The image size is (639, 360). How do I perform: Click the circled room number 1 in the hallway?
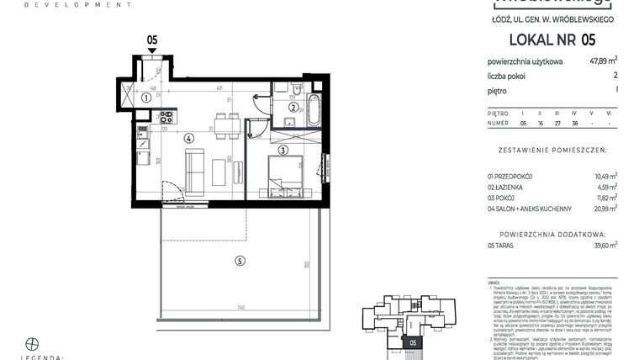[145, 98]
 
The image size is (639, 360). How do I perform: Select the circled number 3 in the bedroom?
[283, 151]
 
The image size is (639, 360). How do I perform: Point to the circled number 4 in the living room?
[189, 138]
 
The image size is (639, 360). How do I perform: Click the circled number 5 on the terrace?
[240, 262]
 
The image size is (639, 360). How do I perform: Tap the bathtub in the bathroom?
[314, 109]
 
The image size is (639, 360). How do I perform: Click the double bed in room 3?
[286, 174]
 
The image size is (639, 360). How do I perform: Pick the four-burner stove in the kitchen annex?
[166, 117]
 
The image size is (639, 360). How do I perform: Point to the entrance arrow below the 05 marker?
[152, 50]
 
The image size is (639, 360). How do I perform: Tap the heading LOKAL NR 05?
[552, 40]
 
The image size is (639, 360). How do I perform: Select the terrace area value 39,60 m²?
[603, 245]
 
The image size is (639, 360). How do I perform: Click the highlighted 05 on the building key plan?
[411, 342]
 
